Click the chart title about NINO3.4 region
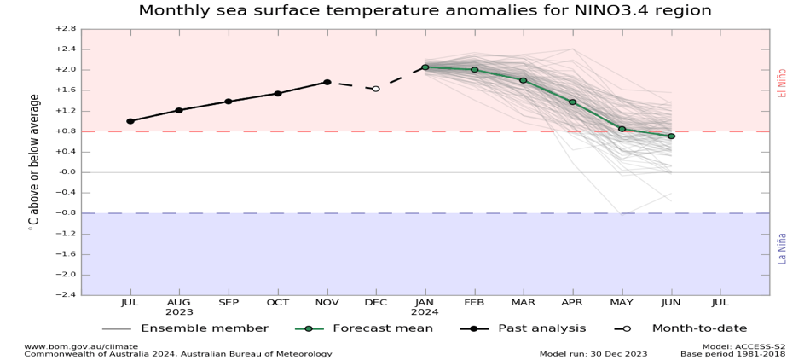[425, 10]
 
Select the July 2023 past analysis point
[130, 121]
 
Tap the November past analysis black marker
[327, 82]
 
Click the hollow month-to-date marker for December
[376, 89]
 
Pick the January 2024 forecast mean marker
[425, 67]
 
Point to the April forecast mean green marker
[573, 102]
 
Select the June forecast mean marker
[671, 136]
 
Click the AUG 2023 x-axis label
[178, 307]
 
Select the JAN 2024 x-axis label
[425, 307]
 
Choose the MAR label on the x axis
[523, 302]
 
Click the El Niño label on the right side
[781, 82]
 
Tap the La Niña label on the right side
[781, 247]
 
